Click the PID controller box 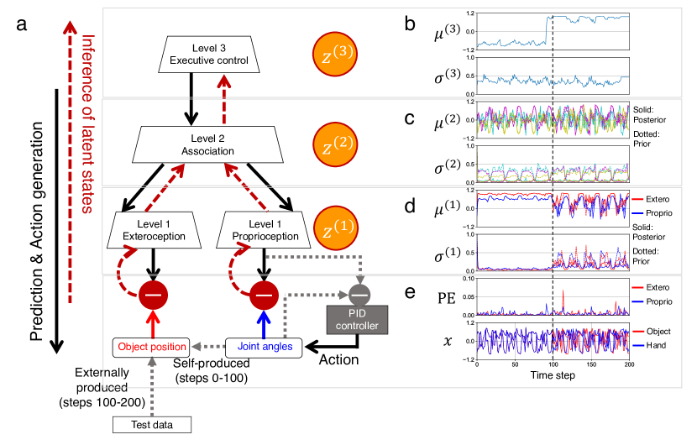[x=358, y=319]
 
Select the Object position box [x=148, y=345]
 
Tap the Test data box [x=153, y=425]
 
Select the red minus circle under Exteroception [x=154, y=295]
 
